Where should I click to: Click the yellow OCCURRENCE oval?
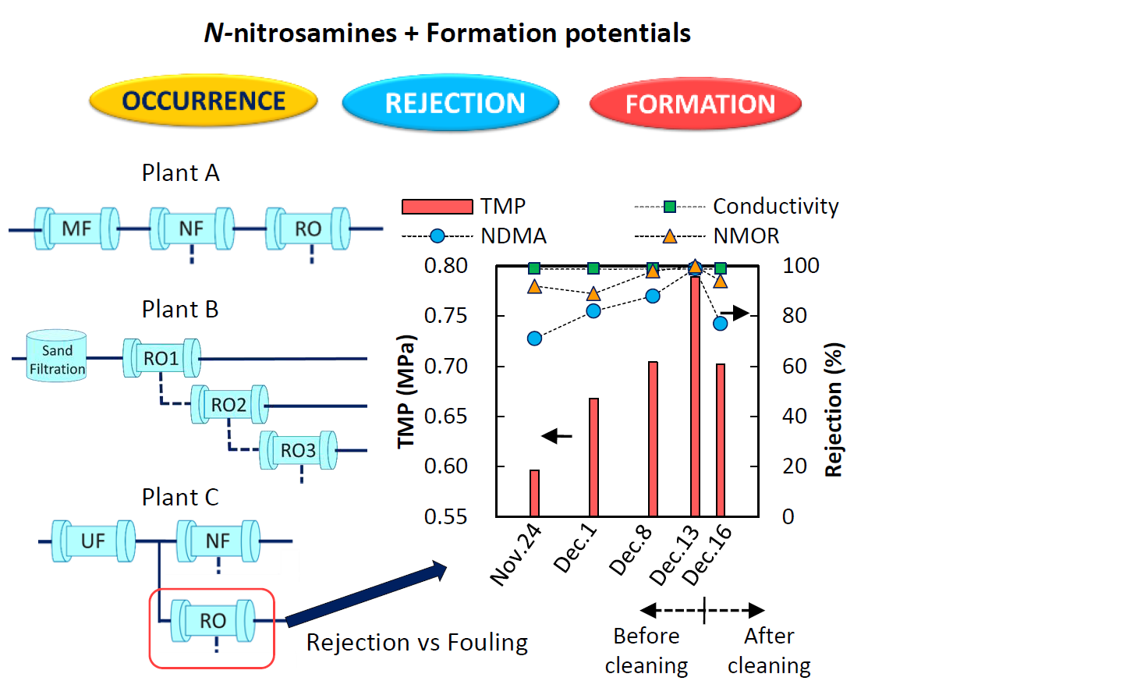click(x=204, y=101)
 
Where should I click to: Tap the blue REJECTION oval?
click(x=451, y=103)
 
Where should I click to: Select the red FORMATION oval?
click(x=696, y=104)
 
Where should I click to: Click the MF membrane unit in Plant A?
click(x=76, y=229)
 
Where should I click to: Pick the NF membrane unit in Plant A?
click(x=192, y=229)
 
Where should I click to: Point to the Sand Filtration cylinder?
click(x=57, y=356)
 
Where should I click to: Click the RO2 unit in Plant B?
click(x=229, y=405)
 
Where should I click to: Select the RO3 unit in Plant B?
click(x=298, y=450)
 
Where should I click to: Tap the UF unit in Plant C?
click(x=93, y=541)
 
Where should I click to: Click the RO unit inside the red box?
click(x=213, y=620)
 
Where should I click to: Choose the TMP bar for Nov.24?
click(x=534, y=493)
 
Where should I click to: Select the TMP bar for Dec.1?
click(x=593, y=457)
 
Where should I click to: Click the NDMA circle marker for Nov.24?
click(x=534, y=339)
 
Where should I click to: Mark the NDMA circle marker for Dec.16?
click(x=721, y=323)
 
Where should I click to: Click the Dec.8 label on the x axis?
click(x=631, y=551)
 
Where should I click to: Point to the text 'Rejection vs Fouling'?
click(x=416, y=642)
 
